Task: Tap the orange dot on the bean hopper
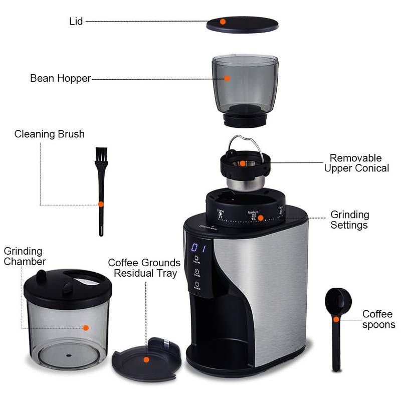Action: coord(227,78)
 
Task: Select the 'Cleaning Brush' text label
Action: coord(49,134)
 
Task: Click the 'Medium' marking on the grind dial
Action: coord(254,213)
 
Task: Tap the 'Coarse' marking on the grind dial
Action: coord(220,211)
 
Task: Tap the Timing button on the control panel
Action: coord(197,274)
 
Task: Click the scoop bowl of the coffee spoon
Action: coord(334,302)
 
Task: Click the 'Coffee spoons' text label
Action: coord(378,319)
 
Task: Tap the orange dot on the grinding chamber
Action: coord(86,327)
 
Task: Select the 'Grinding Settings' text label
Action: coord(349,220)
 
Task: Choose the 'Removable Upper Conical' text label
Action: coord(356,163)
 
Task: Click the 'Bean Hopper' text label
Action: coord(60,78)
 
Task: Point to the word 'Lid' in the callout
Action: coord(76,22)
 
